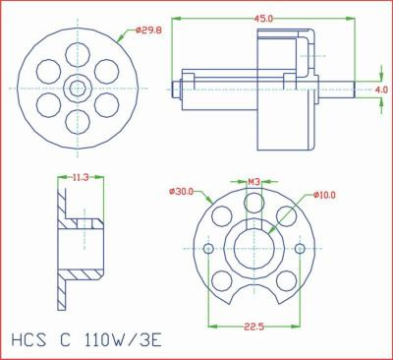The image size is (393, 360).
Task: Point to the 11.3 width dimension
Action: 81,178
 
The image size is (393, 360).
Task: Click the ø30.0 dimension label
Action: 182,191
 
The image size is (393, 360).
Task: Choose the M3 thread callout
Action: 253,182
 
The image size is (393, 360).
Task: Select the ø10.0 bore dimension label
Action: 325,196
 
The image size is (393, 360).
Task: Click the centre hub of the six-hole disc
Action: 76,87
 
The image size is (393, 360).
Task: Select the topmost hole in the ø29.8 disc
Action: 76,54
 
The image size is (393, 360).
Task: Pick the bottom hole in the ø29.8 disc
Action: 76,119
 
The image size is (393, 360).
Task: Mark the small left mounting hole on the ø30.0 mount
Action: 208,249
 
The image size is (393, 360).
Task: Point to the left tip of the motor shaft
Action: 175,89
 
